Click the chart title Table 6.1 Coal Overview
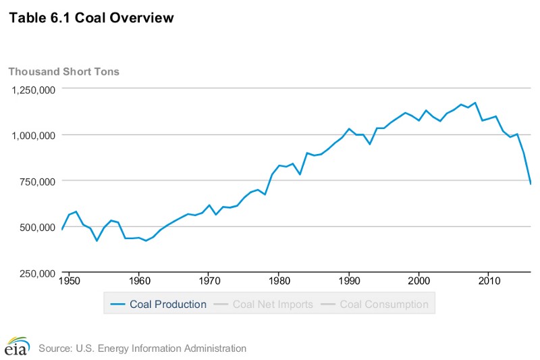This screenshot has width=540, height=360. [91, 18]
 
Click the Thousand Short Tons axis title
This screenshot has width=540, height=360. [63, 71]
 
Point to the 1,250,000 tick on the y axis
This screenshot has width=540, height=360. [32, 89]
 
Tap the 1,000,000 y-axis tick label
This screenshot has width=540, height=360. [32, 135]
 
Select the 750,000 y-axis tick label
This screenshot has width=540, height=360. [36, 181]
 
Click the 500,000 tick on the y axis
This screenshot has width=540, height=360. [36, 227]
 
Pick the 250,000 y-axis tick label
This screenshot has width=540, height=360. [36, 273]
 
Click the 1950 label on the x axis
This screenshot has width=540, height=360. [68, 279]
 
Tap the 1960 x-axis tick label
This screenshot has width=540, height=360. [138, 279]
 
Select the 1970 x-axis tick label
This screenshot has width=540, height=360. [209, 279]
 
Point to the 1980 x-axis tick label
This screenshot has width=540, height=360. [279, 279]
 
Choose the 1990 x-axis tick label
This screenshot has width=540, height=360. [349, 279]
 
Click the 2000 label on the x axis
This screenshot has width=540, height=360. [419, 279]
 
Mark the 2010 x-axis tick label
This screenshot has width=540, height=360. [489, 279]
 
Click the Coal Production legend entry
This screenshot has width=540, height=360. [159, 304]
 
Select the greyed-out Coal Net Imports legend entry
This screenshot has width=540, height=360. [265, 304]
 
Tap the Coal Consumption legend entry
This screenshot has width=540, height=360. [375, 304]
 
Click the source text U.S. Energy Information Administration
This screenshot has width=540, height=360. [142, 349]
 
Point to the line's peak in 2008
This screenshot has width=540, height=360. [475, 103]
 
